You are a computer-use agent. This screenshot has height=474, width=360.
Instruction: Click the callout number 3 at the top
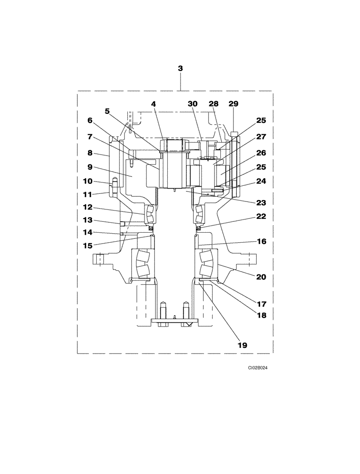coord(180,69)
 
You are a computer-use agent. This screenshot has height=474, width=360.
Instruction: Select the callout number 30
coord(193,104)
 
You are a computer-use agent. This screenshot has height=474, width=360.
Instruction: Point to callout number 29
coord(233,104)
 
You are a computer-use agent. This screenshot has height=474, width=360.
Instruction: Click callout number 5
coord(108,111)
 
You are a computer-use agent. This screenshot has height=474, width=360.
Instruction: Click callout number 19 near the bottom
coord(242,346)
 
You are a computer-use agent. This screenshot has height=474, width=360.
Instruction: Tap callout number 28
coord(213,104)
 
